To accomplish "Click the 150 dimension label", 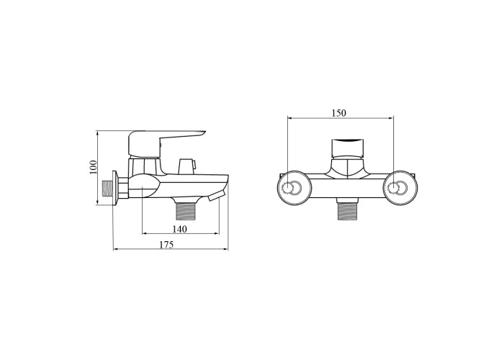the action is [339, 113].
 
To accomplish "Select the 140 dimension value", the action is [179, 229].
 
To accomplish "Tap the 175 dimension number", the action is [166, 245].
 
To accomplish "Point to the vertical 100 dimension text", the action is [93, 167].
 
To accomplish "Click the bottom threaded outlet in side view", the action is [186, 210].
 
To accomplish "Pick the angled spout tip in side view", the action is [216, 196].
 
